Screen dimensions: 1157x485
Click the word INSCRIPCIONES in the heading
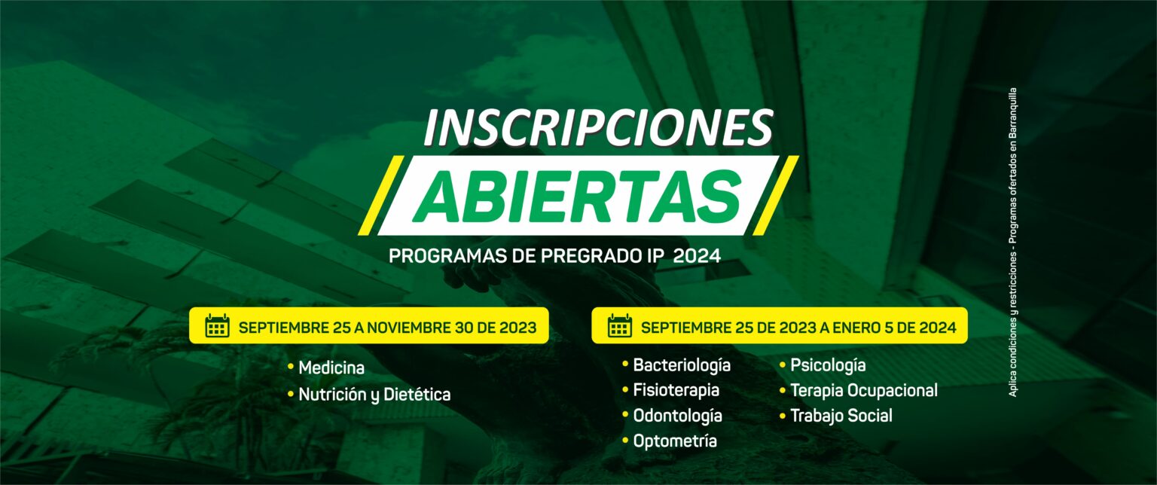point(598,127)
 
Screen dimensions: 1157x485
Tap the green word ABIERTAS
point(578,196)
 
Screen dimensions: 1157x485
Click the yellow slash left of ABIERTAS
point(381,195)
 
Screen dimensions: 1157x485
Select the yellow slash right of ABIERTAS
point(775,195)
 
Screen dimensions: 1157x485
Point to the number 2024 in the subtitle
point(697,256)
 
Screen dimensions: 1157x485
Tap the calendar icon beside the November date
point(217,325)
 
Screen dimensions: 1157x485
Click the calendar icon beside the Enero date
point(619,325)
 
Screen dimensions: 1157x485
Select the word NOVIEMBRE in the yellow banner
point(408,328)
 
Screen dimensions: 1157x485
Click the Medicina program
point(331,368)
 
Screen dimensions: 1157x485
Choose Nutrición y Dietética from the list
point(374,395)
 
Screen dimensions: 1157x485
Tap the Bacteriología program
point(682,365)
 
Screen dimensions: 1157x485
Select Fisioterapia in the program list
point(676,390)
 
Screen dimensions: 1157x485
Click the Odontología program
point(678,416)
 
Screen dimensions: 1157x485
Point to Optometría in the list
point(675,441)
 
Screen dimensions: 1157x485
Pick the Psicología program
point(828,365)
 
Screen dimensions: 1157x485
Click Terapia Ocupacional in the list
point(864,390)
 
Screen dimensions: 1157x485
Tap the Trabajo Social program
point(841,416)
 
